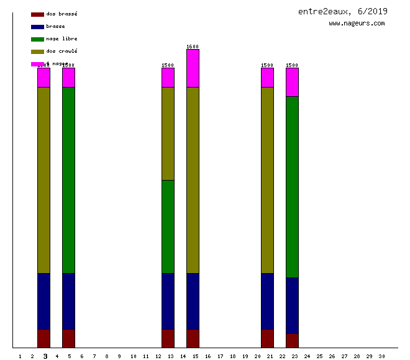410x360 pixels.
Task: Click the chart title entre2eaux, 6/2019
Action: [343, 11]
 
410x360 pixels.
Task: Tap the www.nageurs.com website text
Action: [357, 24]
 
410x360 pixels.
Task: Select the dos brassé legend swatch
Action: [37, 14]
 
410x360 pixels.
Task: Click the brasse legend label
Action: [55, 26]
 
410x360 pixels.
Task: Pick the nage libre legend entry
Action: [61, 38]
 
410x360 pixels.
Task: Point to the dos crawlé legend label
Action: [61, 51]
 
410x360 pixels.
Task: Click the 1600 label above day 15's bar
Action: [193, 47]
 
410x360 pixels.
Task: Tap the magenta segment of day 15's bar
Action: [193, 68]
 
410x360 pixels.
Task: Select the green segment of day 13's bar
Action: [168, 227]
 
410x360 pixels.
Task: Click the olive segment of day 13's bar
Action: [168, 133]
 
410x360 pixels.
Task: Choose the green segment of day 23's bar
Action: [292, 186]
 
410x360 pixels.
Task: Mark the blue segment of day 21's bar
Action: [267, 301]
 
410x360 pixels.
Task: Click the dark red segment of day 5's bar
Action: [68, 338]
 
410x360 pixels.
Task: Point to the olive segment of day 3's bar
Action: [43, 180]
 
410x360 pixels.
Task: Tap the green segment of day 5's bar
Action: [68, 180]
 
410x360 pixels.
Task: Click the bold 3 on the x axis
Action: [45, 356]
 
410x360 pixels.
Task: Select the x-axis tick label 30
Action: [381, 356]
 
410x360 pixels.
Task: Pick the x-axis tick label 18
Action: [232, 356]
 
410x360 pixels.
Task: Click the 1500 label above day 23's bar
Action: [292, 65]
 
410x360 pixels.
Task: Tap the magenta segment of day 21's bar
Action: [267, 78]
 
